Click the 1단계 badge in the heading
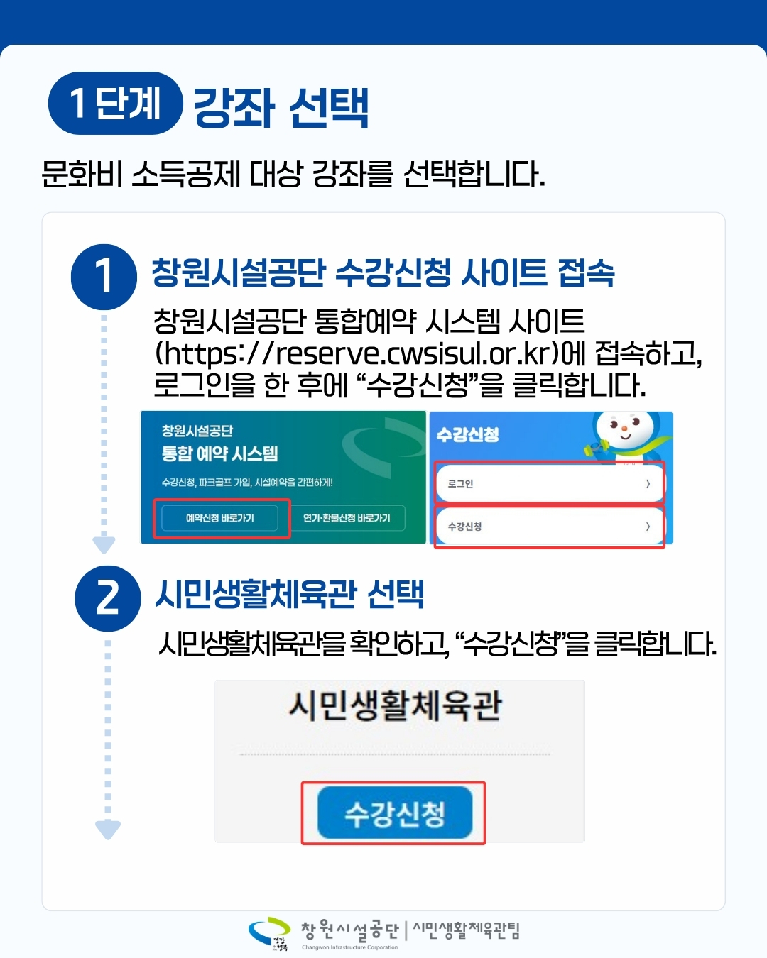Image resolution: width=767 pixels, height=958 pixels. (x=116, y=104)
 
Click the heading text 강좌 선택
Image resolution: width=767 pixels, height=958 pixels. (x=281, y=107)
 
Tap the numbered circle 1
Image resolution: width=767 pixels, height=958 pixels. (x=104, y=277)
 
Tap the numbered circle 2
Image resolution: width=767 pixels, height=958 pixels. (x=108, y=598)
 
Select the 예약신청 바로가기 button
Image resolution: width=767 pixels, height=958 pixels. (x=219, y=518)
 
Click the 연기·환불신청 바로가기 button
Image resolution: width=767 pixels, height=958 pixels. (x=347, y=518)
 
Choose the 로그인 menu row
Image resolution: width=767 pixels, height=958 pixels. (x=550, y=483)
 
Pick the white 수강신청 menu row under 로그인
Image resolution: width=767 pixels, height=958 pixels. (x=550, y=526)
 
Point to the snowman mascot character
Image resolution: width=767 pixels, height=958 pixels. (x=627, y=436)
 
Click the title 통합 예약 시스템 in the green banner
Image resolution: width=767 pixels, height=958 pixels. (x=219, y=453)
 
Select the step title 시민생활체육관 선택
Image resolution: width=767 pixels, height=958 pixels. (x=289, y=594)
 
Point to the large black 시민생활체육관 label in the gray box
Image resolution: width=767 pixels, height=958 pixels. (x=396, y=706)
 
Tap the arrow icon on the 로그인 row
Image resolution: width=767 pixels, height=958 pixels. (x=648, y=483)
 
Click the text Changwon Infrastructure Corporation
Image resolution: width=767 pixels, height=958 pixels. (x=350, y=947)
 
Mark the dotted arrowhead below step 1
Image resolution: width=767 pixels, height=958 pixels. (x=104, y=545)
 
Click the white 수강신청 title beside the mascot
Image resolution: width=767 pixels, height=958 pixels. (x=467, y=434)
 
